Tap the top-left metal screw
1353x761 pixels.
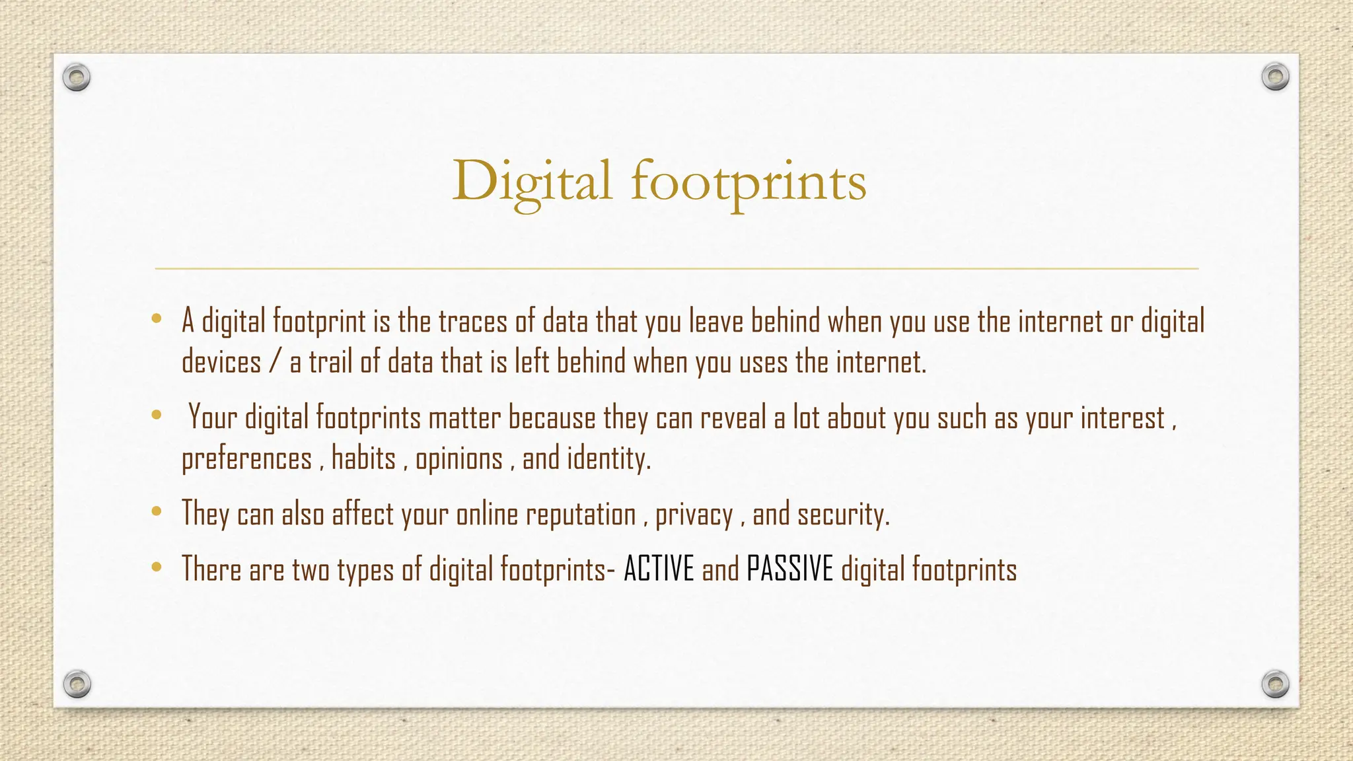77,78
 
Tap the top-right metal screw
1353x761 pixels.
1275,77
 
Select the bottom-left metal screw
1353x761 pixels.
77,684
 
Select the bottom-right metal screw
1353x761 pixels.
1275,684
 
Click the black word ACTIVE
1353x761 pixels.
659,569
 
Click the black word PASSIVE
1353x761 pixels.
790,569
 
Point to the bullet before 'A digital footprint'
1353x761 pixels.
157,319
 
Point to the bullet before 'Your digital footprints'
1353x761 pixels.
157,416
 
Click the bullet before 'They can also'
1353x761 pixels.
157,511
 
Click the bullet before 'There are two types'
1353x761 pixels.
157,567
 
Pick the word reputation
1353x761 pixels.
581,515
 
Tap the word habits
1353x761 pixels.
363,458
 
